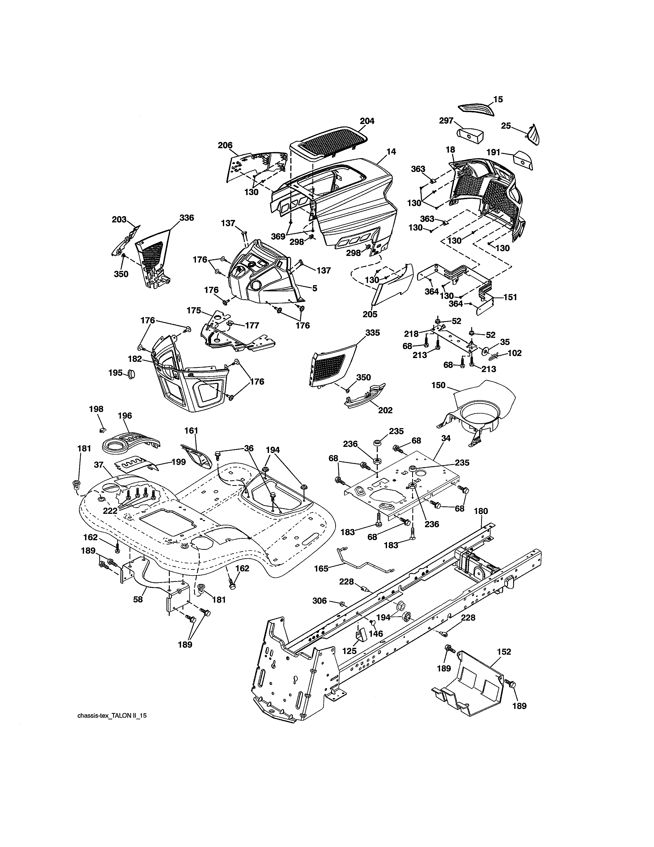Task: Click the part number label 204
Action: click(367, 121)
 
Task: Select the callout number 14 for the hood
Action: click(391, 152)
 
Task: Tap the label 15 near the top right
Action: click(498, 99)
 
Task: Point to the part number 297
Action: click(446, 121)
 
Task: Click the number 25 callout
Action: click(506, 126)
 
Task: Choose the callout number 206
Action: click(225, 145)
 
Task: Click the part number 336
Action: click(186, 218)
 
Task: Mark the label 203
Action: click(119, 219)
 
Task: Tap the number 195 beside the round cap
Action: click(115, 373)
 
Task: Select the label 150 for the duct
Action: click(439, 385)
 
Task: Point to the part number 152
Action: click(504, 652)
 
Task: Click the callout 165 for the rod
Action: click(321, 569)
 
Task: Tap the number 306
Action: click(320, 601)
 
